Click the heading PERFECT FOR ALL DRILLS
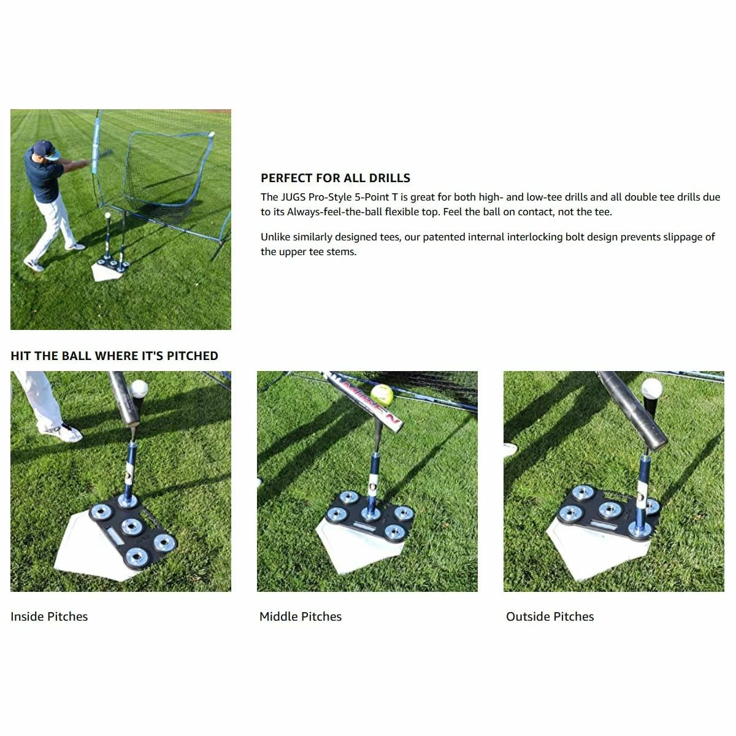[x=335, y=178]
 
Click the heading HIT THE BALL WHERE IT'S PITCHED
[x=114, y=356]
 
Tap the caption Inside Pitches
[x=49, y=617]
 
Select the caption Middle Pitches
[x=301, y=617]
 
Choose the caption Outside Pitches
[x=550, y=617]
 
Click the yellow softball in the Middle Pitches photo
[x=381, y=393]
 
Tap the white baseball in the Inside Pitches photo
[x=140, y=388]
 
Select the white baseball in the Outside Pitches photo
[x=651, y=388]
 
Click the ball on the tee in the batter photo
[x=108, y=216]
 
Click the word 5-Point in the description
[x=371, y=197]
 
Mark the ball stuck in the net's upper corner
[x=212, y=134]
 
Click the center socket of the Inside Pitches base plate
[x=131, y=526]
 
